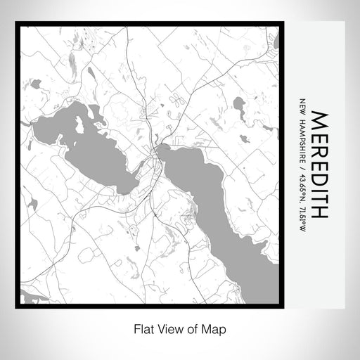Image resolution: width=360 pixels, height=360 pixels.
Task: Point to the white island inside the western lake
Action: pos(79,124)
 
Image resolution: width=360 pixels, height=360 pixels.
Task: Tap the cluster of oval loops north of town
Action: pos(175,101)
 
